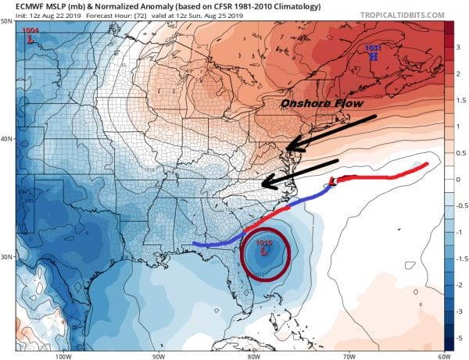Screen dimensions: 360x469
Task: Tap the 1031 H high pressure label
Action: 374,52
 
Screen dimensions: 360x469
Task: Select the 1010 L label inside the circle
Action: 263,247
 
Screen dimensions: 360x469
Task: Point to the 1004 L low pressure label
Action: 31,33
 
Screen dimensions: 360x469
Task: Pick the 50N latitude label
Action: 7,21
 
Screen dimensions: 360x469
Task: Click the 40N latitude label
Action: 7,139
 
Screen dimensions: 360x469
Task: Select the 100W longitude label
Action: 63,355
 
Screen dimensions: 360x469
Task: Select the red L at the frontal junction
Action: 333,181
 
